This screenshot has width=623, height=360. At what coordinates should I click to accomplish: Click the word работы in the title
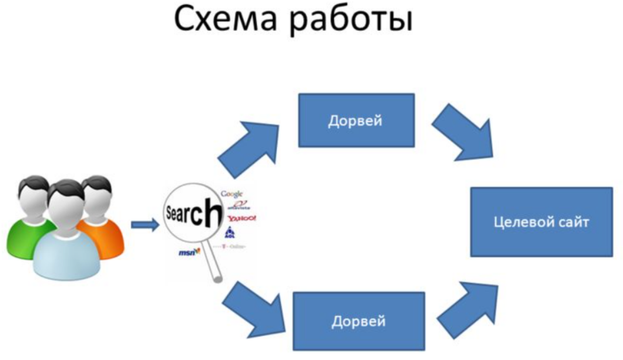click(x=351, y=21)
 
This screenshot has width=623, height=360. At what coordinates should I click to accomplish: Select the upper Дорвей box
click(x=356, y=120)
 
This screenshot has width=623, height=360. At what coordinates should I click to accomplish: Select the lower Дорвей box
click(x=359, y=321)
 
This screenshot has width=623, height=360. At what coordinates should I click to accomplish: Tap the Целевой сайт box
click(x=541, y=222)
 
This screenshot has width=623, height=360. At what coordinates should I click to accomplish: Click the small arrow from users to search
click(x=145, y=224)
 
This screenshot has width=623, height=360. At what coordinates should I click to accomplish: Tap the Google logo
click(x=232, y=194)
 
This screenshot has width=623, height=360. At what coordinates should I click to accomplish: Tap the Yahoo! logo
click(x=242, y=218)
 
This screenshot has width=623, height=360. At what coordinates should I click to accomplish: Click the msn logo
click(x=186, y=252)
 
